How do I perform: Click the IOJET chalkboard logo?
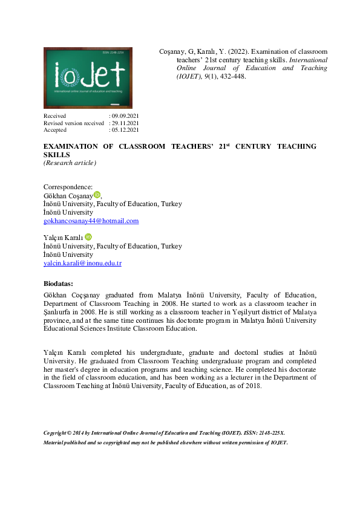(88, 78)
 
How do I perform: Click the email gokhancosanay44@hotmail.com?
(91, 221)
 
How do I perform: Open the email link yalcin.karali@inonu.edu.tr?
(82, 264)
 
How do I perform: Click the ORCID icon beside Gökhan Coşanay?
(97, 195)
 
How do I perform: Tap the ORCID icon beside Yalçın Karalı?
(88, 237)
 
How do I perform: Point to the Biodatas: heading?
(58, 284)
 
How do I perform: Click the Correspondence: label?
(68, 187)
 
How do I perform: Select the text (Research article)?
(70, 163)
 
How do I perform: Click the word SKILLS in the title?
(56, 155)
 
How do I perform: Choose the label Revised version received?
(73, 123)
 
